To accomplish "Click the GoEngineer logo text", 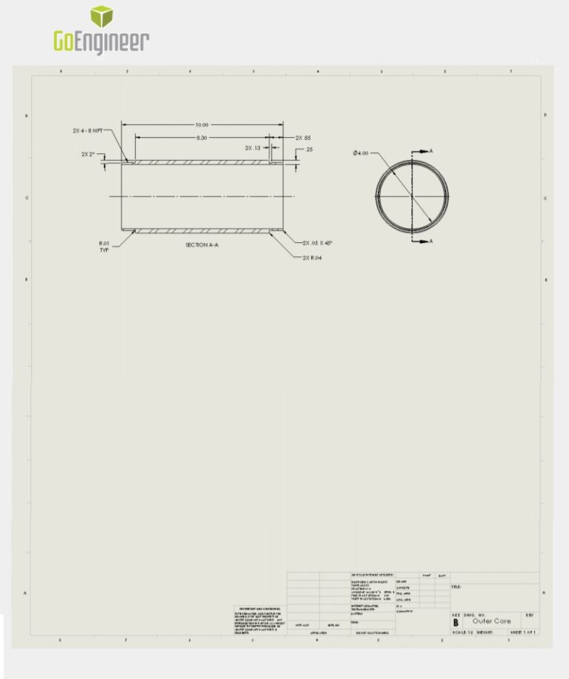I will pyautogui.click(x=102, y=41).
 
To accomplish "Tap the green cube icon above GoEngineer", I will pyautogui.click(x=102, y=16).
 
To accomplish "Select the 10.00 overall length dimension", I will pyautogui.click(x=202, y=124).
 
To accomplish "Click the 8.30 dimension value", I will pyautogui.click(x=202, y=138).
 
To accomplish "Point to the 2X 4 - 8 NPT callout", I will pyautogui.click(x=87, y=130).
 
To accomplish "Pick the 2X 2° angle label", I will pyautogui.click(x=89, y=155).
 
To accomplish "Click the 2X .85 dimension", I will pyautogui.click(x=303, y=138).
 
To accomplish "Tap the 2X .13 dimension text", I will pyautogui.click(x=253, y=148).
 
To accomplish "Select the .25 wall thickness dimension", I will pyautogui.click(x=309, y=150).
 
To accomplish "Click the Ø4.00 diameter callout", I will pyautogui.click(x=361, y=153).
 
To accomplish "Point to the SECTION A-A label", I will pyautogui.click(x=202, y=244).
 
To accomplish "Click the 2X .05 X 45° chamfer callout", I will pyautogui.click(x=318, y=243).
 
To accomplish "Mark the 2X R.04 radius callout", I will pyautogui.click(x=312, y=258).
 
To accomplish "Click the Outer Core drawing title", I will pyautogui.click(x=491, y=621).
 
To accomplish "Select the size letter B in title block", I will pyautogui.click(x=456, y=623).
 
